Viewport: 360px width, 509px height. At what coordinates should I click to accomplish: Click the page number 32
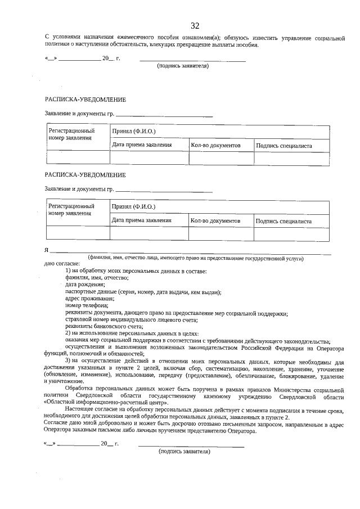point(195,26)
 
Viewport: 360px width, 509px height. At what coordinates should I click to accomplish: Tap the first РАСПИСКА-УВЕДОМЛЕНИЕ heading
point(85,100)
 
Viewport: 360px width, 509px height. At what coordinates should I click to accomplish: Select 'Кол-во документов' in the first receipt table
point(215,146)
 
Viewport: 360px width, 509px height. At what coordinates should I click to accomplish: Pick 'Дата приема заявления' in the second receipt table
point(141,220)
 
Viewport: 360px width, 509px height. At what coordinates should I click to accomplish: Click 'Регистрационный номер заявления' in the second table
point(71,210)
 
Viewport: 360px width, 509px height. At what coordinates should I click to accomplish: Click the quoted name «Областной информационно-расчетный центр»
point(98,402)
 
